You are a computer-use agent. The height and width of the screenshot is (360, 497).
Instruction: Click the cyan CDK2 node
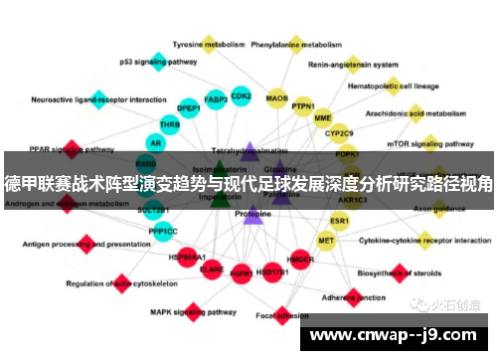[241, 96]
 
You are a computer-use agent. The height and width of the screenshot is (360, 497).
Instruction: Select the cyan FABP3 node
[215, 99]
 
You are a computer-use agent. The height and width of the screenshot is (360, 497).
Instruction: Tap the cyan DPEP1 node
[189, 108]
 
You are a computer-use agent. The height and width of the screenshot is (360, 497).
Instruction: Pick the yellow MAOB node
[276, 98]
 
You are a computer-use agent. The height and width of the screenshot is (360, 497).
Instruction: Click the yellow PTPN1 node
[303, 106]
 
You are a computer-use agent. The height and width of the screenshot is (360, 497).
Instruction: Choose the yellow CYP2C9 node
[340, 132]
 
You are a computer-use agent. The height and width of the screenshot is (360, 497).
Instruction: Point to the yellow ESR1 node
[340, 220]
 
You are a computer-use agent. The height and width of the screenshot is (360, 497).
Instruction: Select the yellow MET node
[326, 241]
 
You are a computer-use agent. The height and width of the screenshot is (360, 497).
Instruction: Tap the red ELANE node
[212, 268]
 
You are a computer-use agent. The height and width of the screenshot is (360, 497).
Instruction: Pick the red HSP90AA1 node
[187, 257]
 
